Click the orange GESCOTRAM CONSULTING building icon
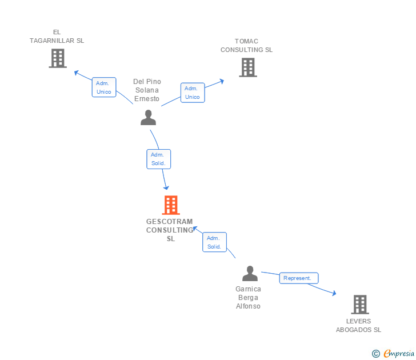(x=170, y=205)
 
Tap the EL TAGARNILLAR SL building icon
(x=57, y=58)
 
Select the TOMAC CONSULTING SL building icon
(x=247, y=67)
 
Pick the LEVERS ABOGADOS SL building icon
(x=359, y=305)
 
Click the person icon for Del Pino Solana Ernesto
(x=148, y=117)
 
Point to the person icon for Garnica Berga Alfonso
(x=250, y=274)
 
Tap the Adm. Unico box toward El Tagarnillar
(x=104, y=87)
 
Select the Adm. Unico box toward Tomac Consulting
(x=193, y=93)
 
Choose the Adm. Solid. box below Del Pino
(x=158, y=159)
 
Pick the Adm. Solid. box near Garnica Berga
(x=214, y=242)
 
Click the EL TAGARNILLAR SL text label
(x=57, y=37)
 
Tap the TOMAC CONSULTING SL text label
(x=247, y=45)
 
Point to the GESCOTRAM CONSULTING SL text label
(x=170, y=230)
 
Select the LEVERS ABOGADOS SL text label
(x=358, y=325)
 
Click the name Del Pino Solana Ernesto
(x=147, y=90)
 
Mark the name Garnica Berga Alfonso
(x=249, y=297)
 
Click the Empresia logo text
(x=399, y=354)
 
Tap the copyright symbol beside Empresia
(x=376, y=354)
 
